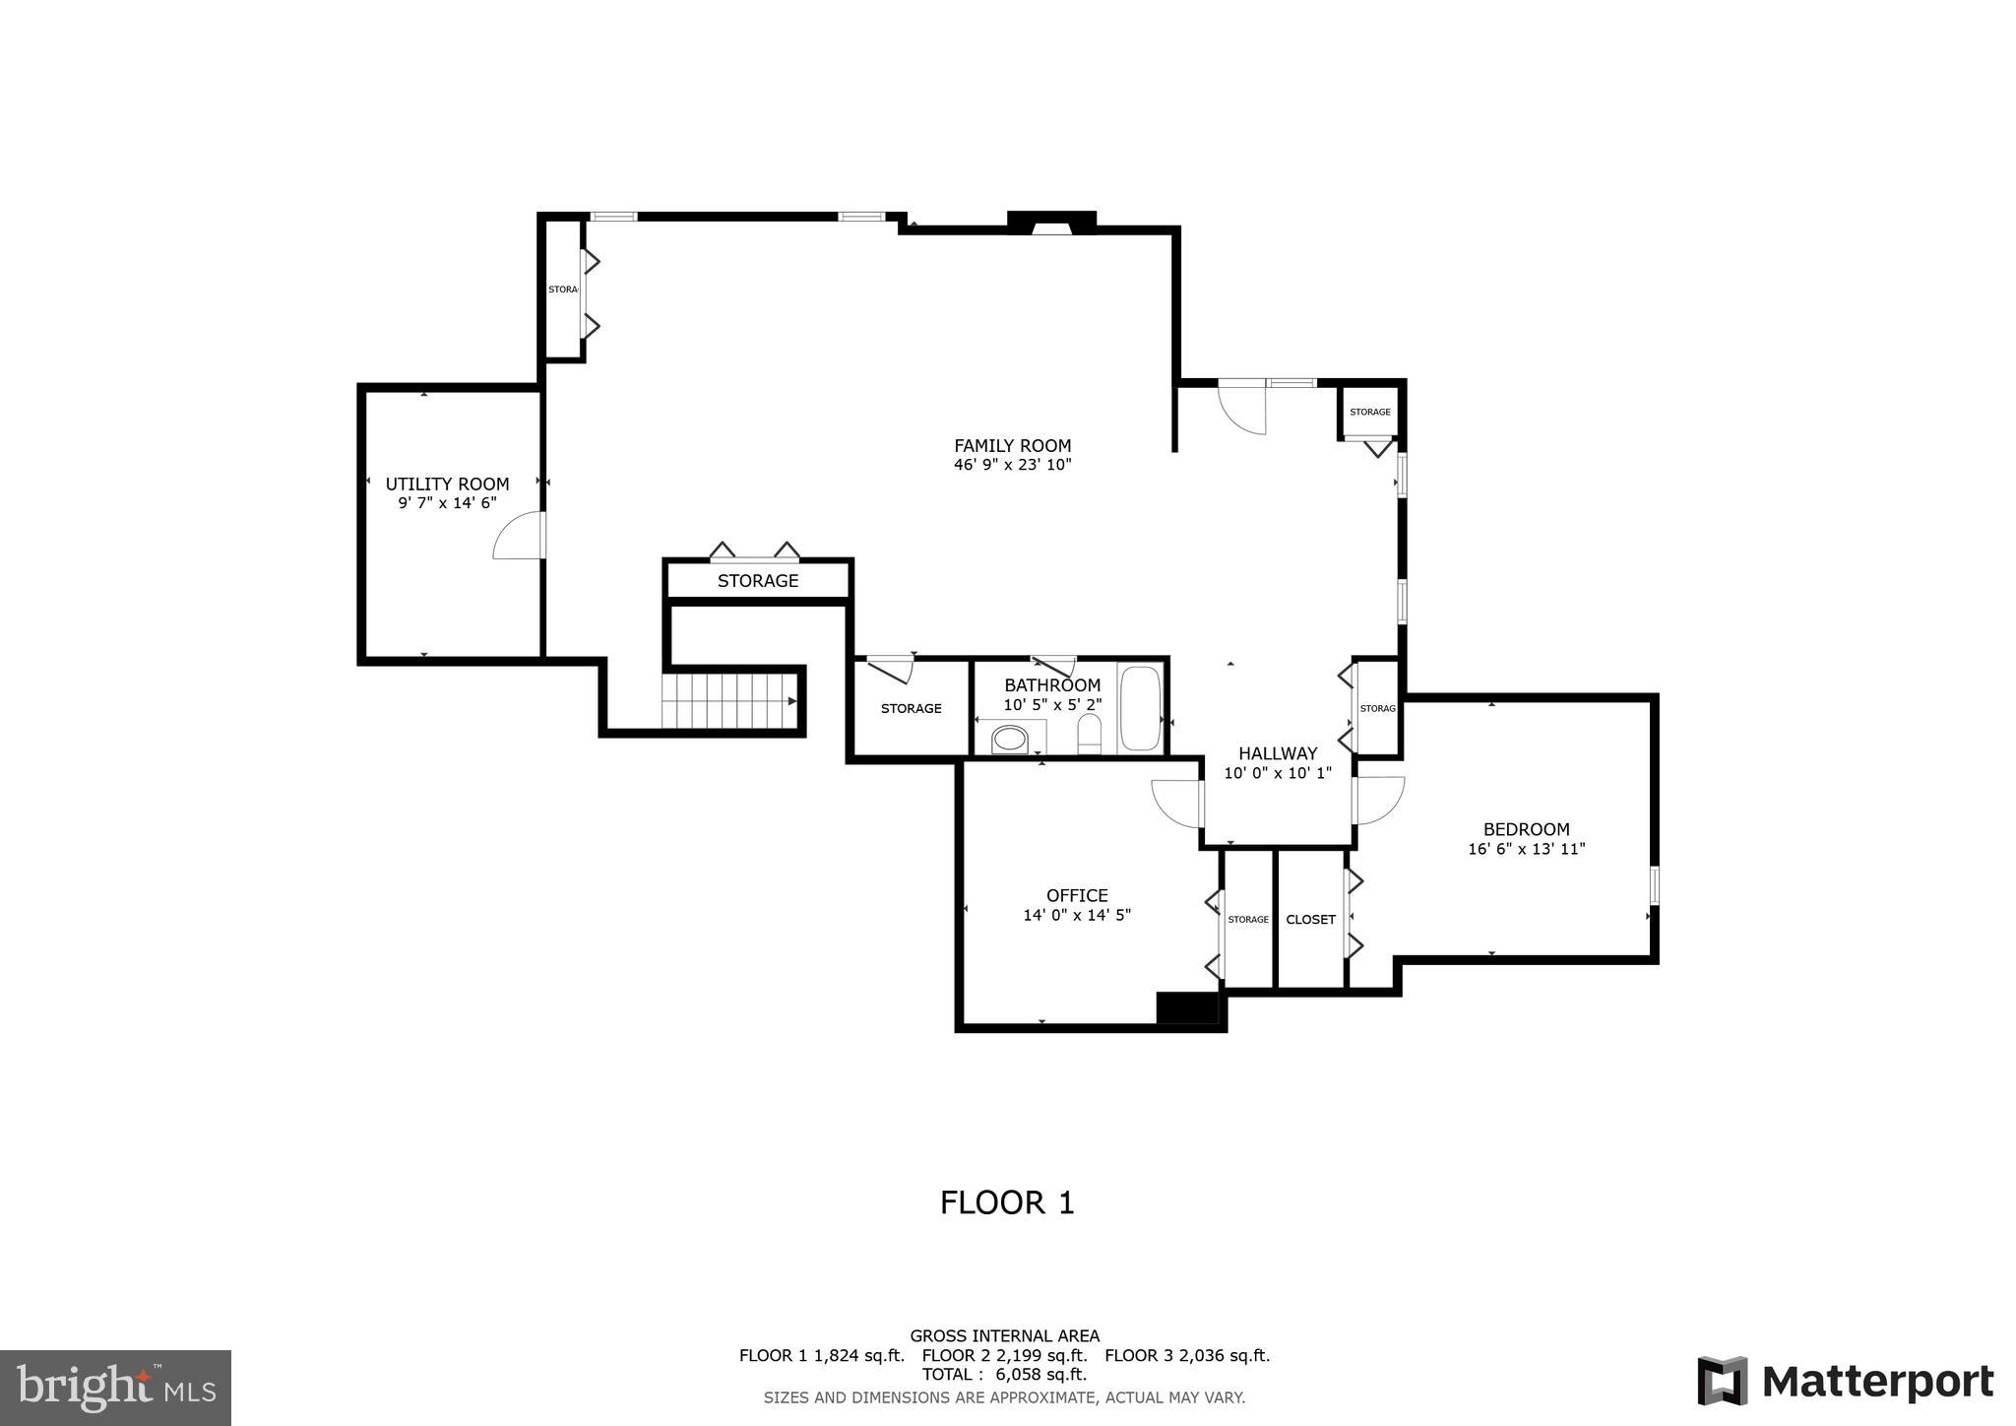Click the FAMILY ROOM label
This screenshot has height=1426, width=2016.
click(1012, 445)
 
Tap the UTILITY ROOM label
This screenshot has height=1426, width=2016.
click(447, 484)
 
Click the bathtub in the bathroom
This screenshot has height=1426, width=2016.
click(1140, 709)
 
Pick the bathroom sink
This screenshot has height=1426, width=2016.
click(1009, 740)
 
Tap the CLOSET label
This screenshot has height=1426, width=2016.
click(1310, 919)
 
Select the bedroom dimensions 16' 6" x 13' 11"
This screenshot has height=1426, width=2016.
click(1526, 849)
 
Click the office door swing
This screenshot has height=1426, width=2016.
click(1177, 803)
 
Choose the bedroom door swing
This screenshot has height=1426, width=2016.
click(1379, 800)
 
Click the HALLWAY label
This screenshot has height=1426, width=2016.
click(1278, 753)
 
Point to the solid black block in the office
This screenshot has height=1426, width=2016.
click(1186, 1007)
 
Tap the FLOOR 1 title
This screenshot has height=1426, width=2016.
click(1007, 1202)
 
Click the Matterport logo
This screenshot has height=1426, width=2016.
click(1845, 1382)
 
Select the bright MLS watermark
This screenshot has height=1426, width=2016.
click(115, 1388)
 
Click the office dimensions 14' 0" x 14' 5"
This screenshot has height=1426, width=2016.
click(1077, 915)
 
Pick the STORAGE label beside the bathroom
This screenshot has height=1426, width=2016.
click(911, 708)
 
